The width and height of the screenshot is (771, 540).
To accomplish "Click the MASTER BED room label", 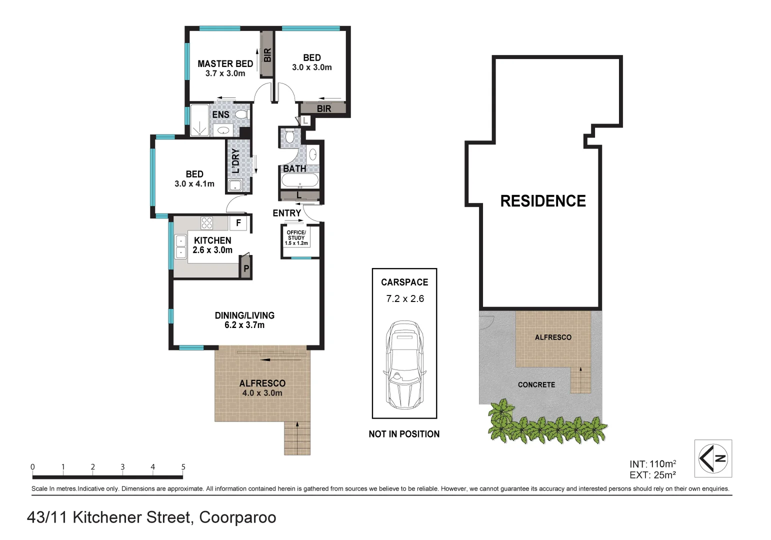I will point(225,64).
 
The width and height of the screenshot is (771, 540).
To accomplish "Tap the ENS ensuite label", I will point(220,114).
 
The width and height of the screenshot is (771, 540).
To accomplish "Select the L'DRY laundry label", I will point(235,160).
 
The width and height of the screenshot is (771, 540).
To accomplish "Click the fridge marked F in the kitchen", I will point(238,223).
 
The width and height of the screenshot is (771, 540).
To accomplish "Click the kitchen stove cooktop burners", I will point(207,223).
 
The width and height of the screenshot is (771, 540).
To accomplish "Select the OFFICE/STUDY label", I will point(296,235).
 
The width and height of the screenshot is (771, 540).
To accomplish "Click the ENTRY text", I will point(286,213).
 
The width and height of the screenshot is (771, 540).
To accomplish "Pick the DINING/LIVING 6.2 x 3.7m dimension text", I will point(244,325).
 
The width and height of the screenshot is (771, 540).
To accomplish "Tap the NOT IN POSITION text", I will point(404,434).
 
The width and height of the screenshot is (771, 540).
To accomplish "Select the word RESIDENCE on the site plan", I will point(543,201).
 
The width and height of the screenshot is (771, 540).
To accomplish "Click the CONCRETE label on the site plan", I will point(536,384).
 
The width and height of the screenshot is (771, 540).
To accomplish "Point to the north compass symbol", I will point(713,458).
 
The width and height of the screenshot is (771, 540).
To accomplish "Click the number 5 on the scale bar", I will point(183,467).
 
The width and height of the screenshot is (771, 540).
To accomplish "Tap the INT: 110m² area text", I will point(652,464).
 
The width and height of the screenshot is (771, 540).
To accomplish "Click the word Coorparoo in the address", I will point(237,517).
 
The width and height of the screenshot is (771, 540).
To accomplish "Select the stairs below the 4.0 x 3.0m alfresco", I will point(297,438).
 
